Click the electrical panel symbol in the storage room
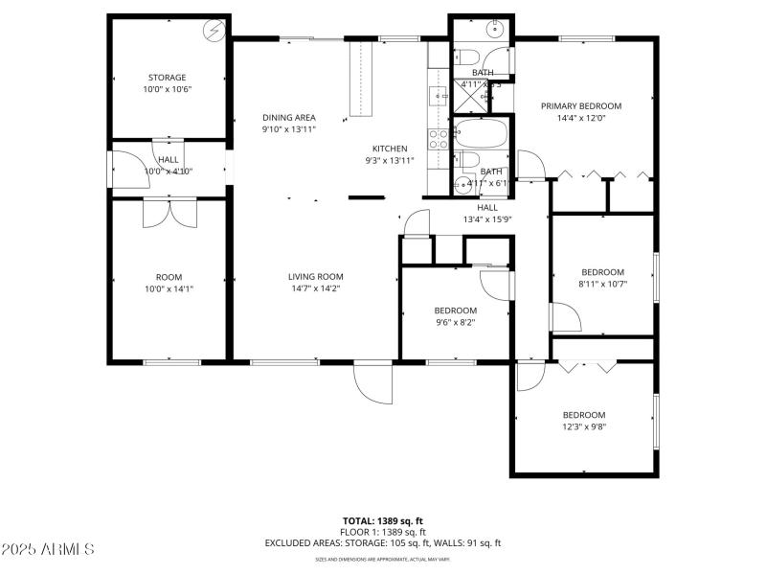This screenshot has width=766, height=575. pyautogui.click(x=214, y=31)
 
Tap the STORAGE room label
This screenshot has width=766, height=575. pyautogui.click(x=167, y=78)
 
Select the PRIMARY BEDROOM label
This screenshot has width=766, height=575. pyautogui.click(x=581, y=106)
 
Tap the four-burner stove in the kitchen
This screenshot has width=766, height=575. pyautogui.click(x=440, y=139)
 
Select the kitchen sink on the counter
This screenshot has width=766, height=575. pyautogui.click(x=439, y=95)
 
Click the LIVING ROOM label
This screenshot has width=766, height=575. pyautogui.click(x=315, y=277)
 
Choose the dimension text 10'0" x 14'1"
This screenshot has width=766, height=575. pyautogui.click(x=169, y=288)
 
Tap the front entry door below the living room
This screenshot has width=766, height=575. pyautogui.click(x=373, y=384)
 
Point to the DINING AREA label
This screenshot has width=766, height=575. pyautogui.click(x=289, y=118)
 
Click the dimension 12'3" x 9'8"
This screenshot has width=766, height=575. pyautogui.click(x=583, y=426)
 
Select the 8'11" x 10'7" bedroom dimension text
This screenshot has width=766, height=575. pyautogui.click(x=602, y=284)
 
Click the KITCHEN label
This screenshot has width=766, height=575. pyautogui.click(x=390, y=149)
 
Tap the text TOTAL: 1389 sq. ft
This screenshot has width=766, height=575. pyautogui.click(x=383, y=521)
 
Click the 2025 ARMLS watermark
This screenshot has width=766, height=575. pyautogui.click(x=48, y=549)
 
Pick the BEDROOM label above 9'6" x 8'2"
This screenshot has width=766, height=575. pyautogui.click(x=455, y=310)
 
